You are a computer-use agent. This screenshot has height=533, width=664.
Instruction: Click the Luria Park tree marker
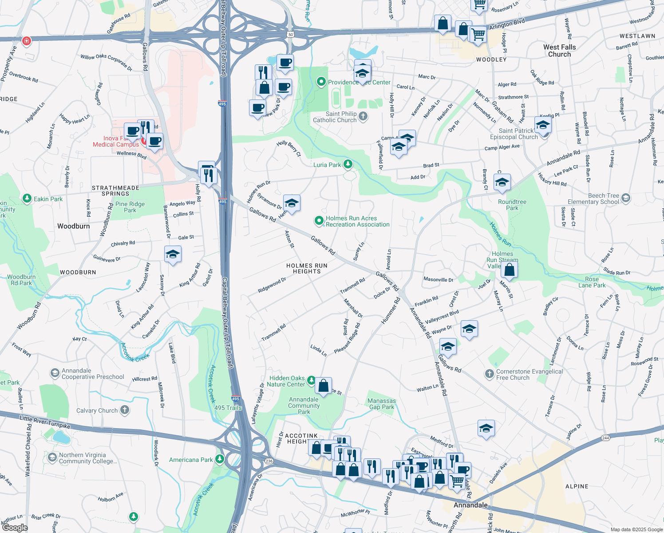(348, 165)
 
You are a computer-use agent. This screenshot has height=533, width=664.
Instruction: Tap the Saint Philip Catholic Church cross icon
(363, 117)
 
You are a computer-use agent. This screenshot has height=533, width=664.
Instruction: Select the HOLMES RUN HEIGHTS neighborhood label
(307, 268)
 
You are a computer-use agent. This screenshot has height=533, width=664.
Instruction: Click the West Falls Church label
(559, 51)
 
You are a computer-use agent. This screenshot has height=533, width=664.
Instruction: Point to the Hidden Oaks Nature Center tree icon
(312, 381)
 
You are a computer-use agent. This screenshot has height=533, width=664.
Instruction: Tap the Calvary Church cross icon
(125, 410)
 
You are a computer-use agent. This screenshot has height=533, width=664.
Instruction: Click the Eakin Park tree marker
(27, 199)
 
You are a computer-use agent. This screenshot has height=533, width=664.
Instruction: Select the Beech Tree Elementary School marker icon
(626, 198)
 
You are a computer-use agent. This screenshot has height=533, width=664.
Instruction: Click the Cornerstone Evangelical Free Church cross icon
(490, 374)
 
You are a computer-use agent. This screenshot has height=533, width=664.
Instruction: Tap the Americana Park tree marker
(220, 459)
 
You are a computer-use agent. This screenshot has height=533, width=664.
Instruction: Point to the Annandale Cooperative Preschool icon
(55, 373)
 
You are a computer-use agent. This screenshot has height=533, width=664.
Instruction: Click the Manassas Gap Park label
(381, 404)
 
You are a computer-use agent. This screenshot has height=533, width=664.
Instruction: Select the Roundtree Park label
(512, 205)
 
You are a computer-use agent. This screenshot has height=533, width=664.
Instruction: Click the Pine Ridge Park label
(130, 207)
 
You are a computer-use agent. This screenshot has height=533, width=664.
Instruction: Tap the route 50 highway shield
(291, 34)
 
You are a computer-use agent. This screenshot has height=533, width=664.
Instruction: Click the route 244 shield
(605, 438)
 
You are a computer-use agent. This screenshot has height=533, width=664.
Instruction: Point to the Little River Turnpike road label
(45, 422)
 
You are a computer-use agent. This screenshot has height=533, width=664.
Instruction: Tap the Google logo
(15, 528)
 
